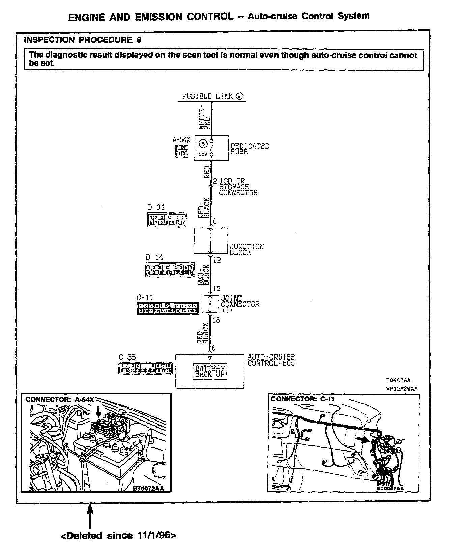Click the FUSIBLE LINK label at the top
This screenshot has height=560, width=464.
(207, 96)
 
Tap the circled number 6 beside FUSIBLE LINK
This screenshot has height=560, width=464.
(239, 96)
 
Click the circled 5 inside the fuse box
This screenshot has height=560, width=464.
(203, 144)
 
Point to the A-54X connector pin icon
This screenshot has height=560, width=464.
(182, 151)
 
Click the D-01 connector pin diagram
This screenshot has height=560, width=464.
(167, 220)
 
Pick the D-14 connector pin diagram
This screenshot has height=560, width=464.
(170, 270)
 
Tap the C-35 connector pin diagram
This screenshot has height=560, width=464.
(145, 368)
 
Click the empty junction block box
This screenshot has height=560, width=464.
(211, 241)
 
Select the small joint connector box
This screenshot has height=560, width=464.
(210, 304)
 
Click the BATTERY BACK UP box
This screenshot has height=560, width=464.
(210, 372)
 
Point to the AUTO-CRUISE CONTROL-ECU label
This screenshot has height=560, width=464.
(271, 360)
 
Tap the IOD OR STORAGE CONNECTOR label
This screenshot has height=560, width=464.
(238, 187)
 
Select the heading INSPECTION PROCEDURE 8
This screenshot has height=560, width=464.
(83, 40)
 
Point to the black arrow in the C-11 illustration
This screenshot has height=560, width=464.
(363, 439)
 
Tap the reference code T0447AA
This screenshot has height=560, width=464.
(398, 380)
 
